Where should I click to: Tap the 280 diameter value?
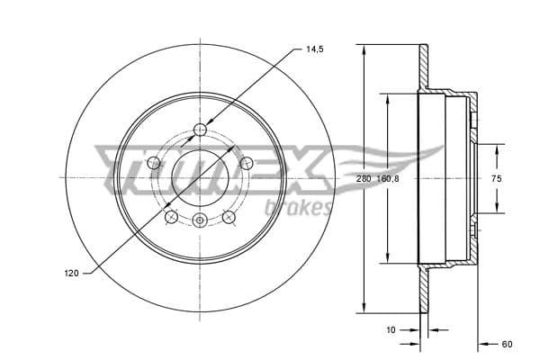click(x=363, y=179)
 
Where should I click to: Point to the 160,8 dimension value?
click(x=387, y=179)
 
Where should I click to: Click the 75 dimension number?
click(x=496, y=179)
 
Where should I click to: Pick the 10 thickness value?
click(x=390, y=329)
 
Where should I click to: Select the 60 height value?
click(x=507, y=343)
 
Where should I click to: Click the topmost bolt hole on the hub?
click(x=200, y=131)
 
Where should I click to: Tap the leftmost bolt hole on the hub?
click(x=154, y=163)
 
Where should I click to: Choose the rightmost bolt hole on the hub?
click(x=245, y=163)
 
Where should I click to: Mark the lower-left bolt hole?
click(x=171, y=216)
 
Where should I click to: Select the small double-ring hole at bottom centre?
click(x=200, y=221)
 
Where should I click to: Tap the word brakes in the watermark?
click(x=297, y=209)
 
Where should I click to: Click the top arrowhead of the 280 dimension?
click(x=363, y=49)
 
